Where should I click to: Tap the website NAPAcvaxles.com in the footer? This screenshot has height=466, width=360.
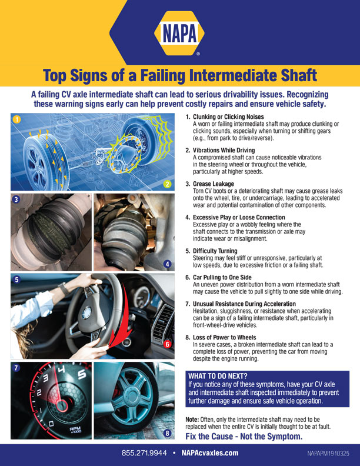point(209,453)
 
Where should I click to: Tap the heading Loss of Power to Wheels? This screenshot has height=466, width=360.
point(226,338)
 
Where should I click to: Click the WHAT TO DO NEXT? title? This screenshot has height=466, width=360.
point(217,376)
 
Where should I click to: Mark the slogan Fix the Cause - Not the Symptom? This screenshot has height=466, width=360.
point(244,437)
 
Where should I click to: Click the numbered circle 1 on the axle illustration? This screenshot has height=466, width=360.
point(16,120)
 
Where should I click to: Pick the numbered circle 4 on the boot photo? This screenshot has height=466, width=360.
point(167,264)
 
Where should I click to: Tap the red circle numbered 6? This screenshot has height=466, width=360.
point(167,344)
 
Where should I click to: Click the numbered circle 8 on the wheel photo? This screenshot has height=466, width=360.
point(167,434)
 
